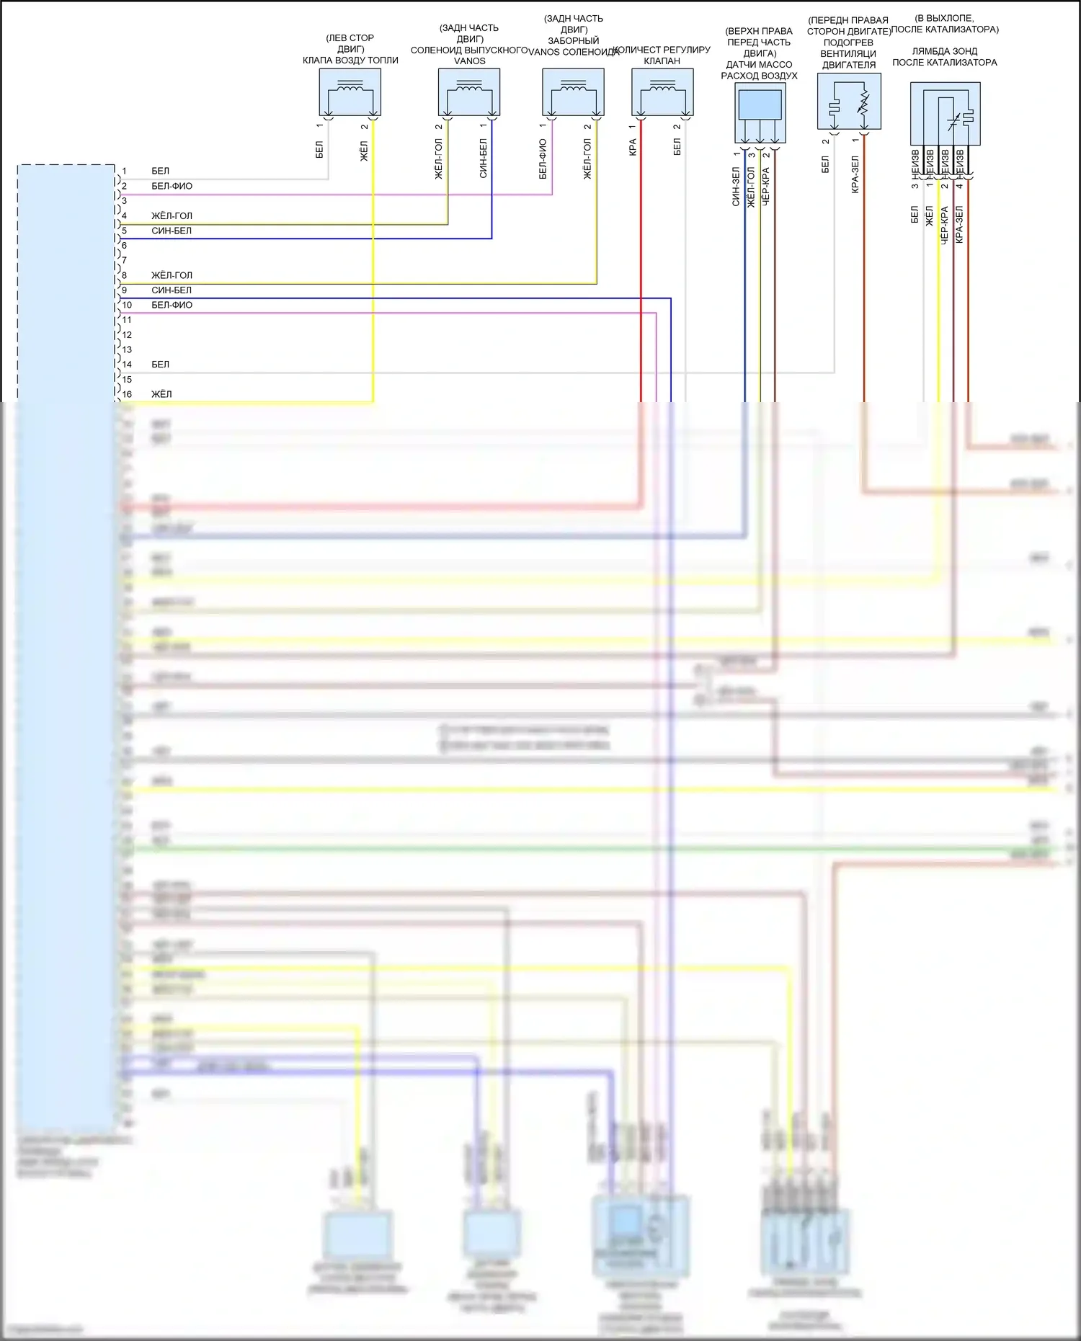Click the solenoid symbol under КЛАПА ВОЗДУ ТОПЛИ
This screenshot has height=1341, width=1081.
[350, 92]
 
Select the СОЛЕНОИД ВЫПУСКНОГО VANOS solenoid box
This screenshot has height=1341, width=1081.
[469, 92]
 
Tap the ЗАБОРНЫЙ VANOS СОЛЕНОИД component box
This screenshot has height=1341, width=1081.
[573, 92]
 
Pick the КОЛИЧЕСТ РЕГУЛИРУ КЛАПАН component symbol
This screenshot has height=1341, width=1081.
[662, 92]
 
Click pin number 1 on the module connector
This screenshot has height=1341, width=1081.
[124, 171]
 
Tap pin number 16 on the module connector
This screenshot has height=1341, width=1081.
[127, 394]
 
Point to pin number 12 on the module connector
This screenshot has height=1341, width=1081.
[127, 335]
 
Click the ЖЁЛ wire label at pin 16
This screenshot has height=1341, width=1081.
[161, 394]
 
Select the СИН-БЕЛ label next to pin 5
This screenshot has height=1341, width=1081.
[172, 231]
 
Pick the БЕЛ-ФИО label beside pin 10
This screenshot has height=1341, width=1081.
[172, 305]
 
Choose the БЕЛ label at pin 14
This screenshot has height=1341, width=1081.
[160, 365]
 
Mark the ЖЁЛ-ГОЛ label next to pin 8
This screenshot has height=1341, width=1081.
[172, 275]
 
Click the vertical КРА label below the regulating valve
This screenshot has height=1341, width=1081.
[633, 148]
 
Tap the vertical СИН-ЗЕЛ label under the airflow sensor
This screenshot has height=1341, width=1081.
[736, 187]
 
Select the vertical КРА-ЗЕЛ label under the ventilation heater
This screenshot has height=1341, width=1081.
[855, 174]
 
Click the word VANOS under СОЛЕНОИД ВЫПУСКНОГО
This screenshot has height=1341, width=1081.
[469, 61]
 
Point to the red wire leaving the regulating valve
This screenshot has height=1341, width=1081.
[641, 252]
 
